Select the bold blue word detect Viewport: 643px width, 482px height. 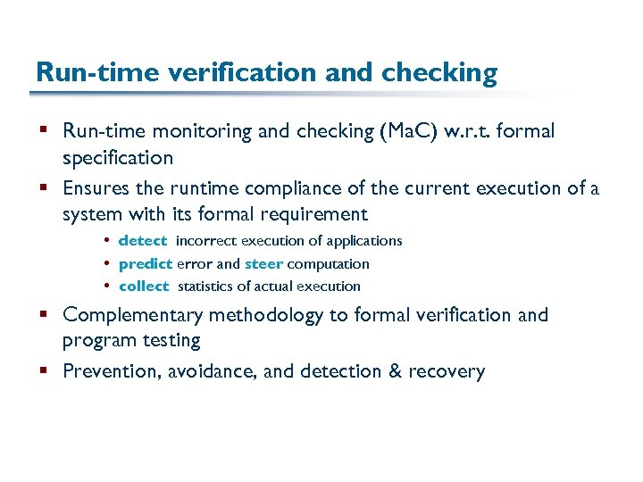[142, 241]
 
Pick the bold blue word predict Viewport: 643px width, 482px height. [145, 264]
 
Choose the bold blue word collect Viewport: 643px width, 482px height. [143, 287]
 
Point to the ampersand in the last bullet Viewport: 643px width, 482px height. [393, 371]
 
